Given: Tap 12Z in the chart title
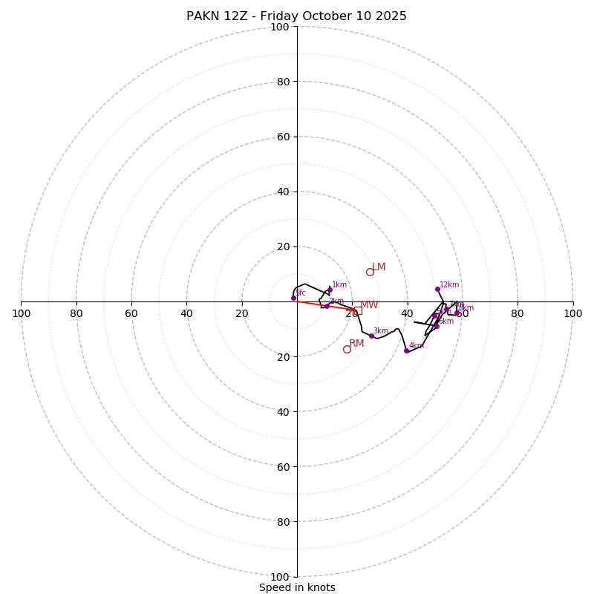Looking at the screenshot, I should tap(237, 16).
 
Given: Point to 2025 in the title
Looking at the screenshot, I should tap(391, 16).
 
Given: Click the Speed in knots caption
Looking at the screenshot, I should tap(297, 588).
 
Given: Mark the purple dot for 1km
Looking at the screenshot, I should tap(330, 290).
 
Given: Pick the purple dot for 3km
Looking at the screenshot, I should tap(371, 336).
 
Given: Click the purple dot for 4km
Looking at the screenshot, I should tap(406, 350).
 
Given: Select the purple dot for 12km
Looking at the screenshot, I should tap(437, 289).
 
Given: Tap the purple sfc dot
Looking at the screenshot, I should tap(293, 298).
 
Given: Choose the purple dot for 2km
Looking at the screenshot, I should tap(327, 306).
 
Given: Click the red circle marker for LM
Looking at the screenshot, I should tap(370, 272).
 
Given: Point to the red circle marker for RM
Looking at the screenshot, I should tap(347, 349).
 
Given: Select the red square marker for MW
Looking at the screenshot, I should tap(358, 310).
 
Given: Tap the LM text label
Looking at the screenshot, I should tap(379, 267).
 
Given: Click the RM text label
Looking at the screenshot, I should tap(356, 344).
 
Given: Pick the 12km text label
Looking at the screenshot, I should tap(449, 284).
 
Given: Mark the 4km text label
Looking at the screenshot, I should tap(416, 345).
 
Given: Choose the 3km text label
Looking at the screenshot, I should tap(380, 331).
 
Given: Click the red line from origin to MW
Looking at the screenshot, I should tap(327, 306).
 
